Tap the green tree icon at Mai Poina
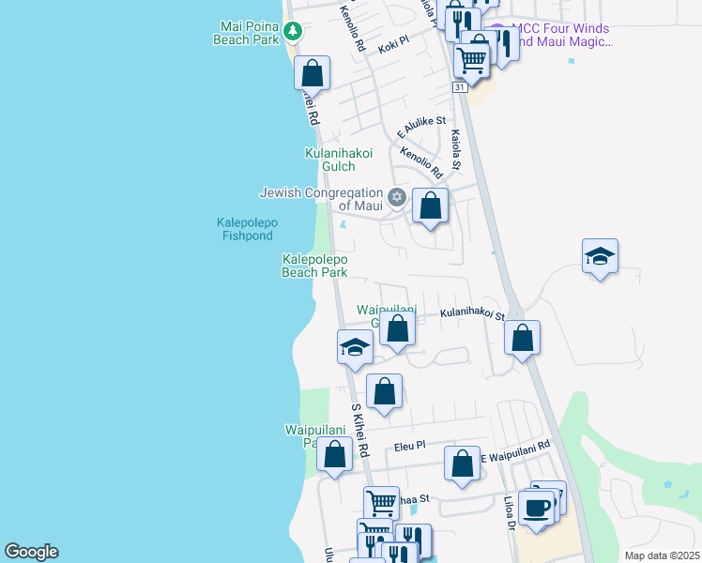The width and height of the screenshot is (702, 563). tap(292, 32)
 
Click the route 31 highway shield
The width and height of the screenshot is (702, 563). tap(459, 87)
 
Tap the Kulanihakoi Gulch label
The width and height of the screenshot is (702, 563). tap(339, 160)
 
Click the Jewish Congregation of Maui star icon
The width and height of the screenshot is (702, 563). tap(397, 197)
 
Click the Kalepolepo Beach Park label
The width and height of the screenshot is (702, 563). tap(315, 266)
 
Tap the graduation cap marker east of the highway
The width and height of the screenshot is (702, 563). tap(600, 257)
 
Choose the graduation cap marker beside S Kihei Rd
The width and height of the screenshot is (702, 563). tap(356, 347)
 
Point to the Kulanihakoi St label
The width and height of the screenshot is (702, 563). tap(473, 316)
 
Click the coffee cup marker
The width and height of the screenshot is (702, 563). tap(537, 510)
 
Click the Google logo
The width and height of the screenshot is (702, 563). tap(31, 552)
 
